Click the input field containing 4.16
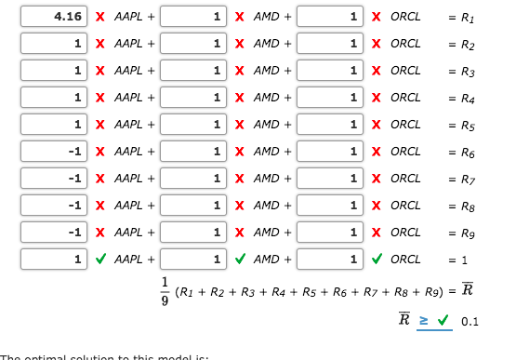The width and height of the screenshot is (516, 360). [54, 17]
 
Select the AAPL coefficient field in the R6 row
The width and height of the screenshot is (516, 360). [54, 152]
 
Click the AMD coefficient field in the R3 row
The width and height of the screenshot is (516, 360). [193, 71]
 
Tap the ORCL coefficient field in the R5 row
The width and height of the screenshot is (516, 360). [330, 125]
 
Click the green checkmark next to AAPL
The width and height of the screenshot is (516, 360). [100, 260]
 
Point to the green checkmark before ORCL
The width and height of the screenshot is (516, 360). [377, 260]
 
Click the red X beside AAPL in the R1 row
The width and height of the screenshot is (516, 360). [100, 17]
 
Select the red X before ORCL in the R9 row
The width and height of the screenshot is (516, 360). [377, 233]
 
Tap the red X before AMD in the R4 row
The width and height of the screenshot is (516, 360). [240, 98]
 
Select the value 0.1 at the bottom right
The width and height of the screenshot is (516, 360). [470, 322]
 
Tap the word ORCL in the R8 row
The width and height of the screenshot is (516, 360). [405, 206]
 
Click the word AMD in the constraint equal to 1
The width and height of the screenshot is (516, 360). [266, 260]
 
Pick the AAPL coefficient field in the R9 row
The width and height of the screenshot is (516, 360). [54, 233]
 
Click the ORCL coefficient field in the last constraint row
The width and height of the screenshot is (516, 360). [330, 260]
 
